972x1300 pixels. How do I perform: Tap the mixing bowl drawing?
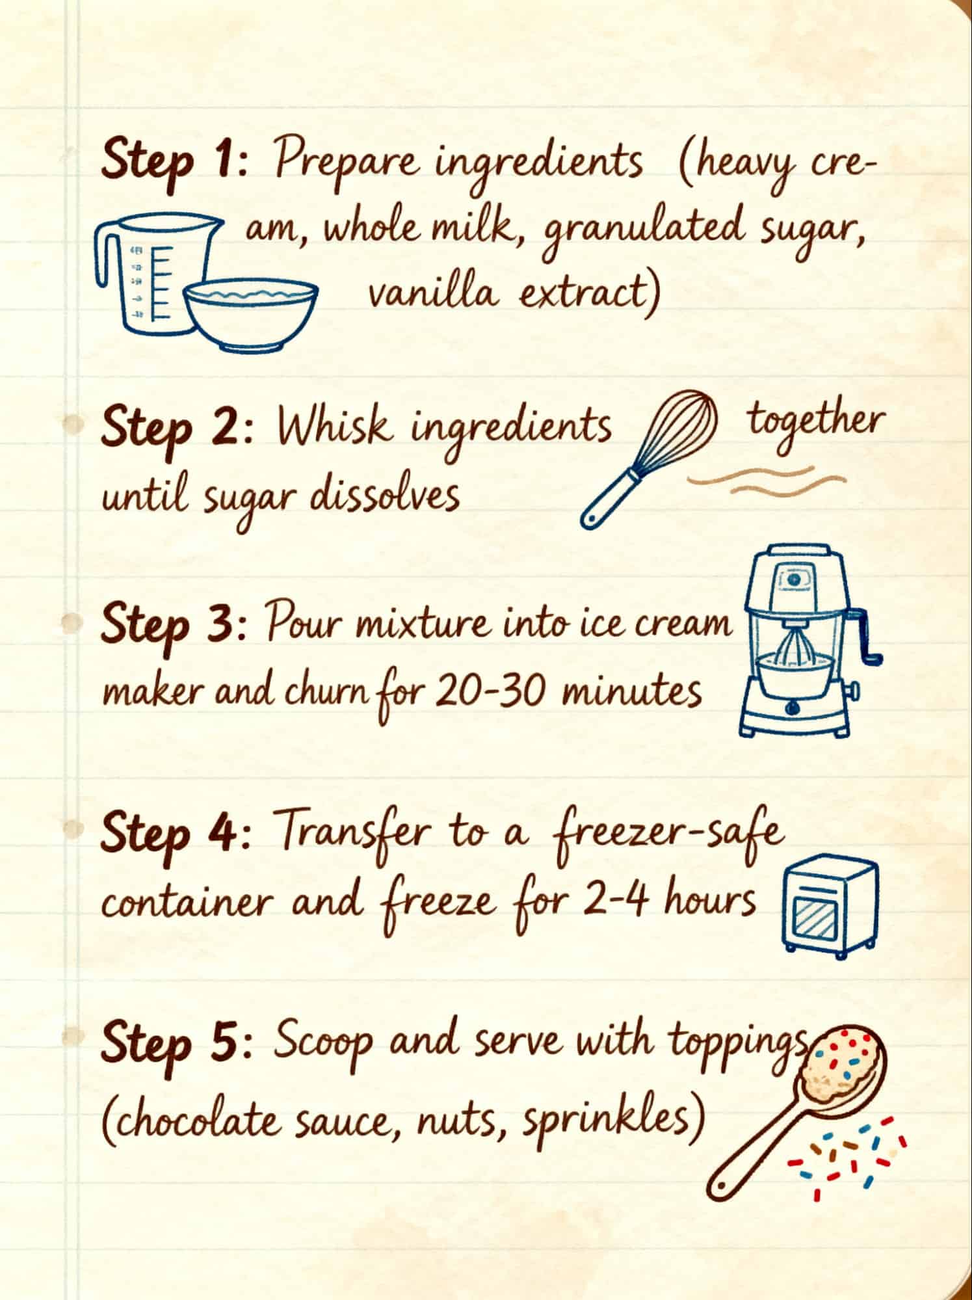tap(250, 315)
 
